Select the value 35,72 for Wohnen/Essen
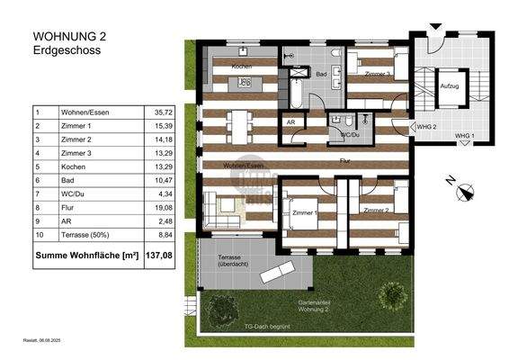point(163,112)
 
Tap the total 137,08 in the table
point(164,256)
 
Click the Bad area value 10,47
point(163,180)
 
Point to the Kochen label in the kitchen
point(241,67)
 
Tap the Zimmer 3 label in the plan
point(376,76)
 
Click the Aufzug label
point(450,86)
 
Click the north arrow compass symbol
point(464,190)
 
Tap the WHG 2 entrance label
point(427,127)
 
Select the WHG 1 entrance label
point(464,135)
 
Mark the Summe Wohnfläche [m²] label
point(85,256)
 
